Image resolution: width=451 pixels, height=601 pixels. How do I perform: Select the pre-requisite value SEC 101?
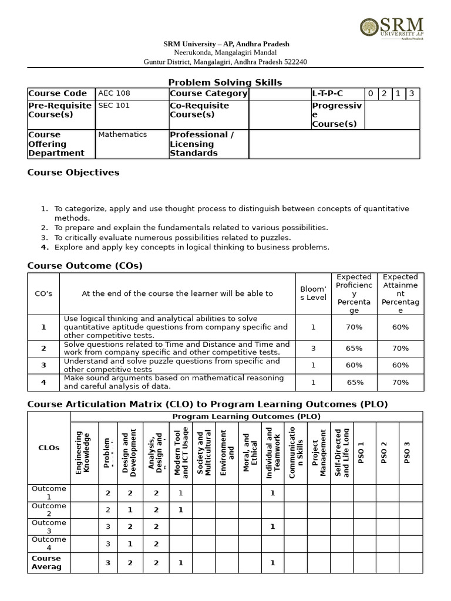tap(114, 106)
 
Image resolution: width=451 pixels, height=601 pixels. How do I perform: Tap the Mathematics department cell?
tap(123, 134)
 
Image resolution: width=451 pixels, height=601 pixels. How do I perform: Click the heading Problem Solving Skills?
tap(225, 82)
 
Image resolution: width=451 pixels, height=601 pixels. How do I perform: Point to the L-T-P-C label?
tap(328, 93)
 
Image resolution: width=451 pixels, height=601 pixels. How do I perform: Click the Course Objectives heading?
tap(73, 173)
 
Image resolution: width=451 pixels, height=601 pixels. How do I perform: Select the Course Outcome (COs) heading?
tap(85, 266)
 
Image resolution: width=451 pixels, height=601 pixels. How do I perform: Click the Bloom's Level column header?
tap(313, 293)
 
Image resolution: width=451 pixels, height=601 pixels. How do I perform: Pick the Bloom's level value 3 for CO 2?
tap(313, 348)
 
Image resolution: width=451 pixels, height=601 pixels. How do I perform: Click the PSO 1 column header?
tap(362, 452)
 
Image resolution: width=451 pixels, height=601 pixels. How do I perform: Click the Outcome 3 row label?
tap(49, 526)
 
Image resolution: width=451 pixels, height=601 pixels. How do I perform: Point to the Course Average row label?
tap(46, 562)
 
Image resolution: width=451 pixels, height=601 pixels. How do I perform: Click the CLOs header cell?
tap(49, 447)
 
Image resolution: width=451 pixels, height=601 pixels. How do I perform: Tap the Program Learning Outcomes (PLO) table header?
tap(246, 416)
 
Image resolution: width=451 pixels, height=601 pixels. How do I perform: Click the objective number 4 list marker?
tap(44, 247)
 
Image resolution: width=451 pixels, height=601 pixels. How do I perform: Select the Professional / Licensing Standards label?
tap(201, 144)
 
